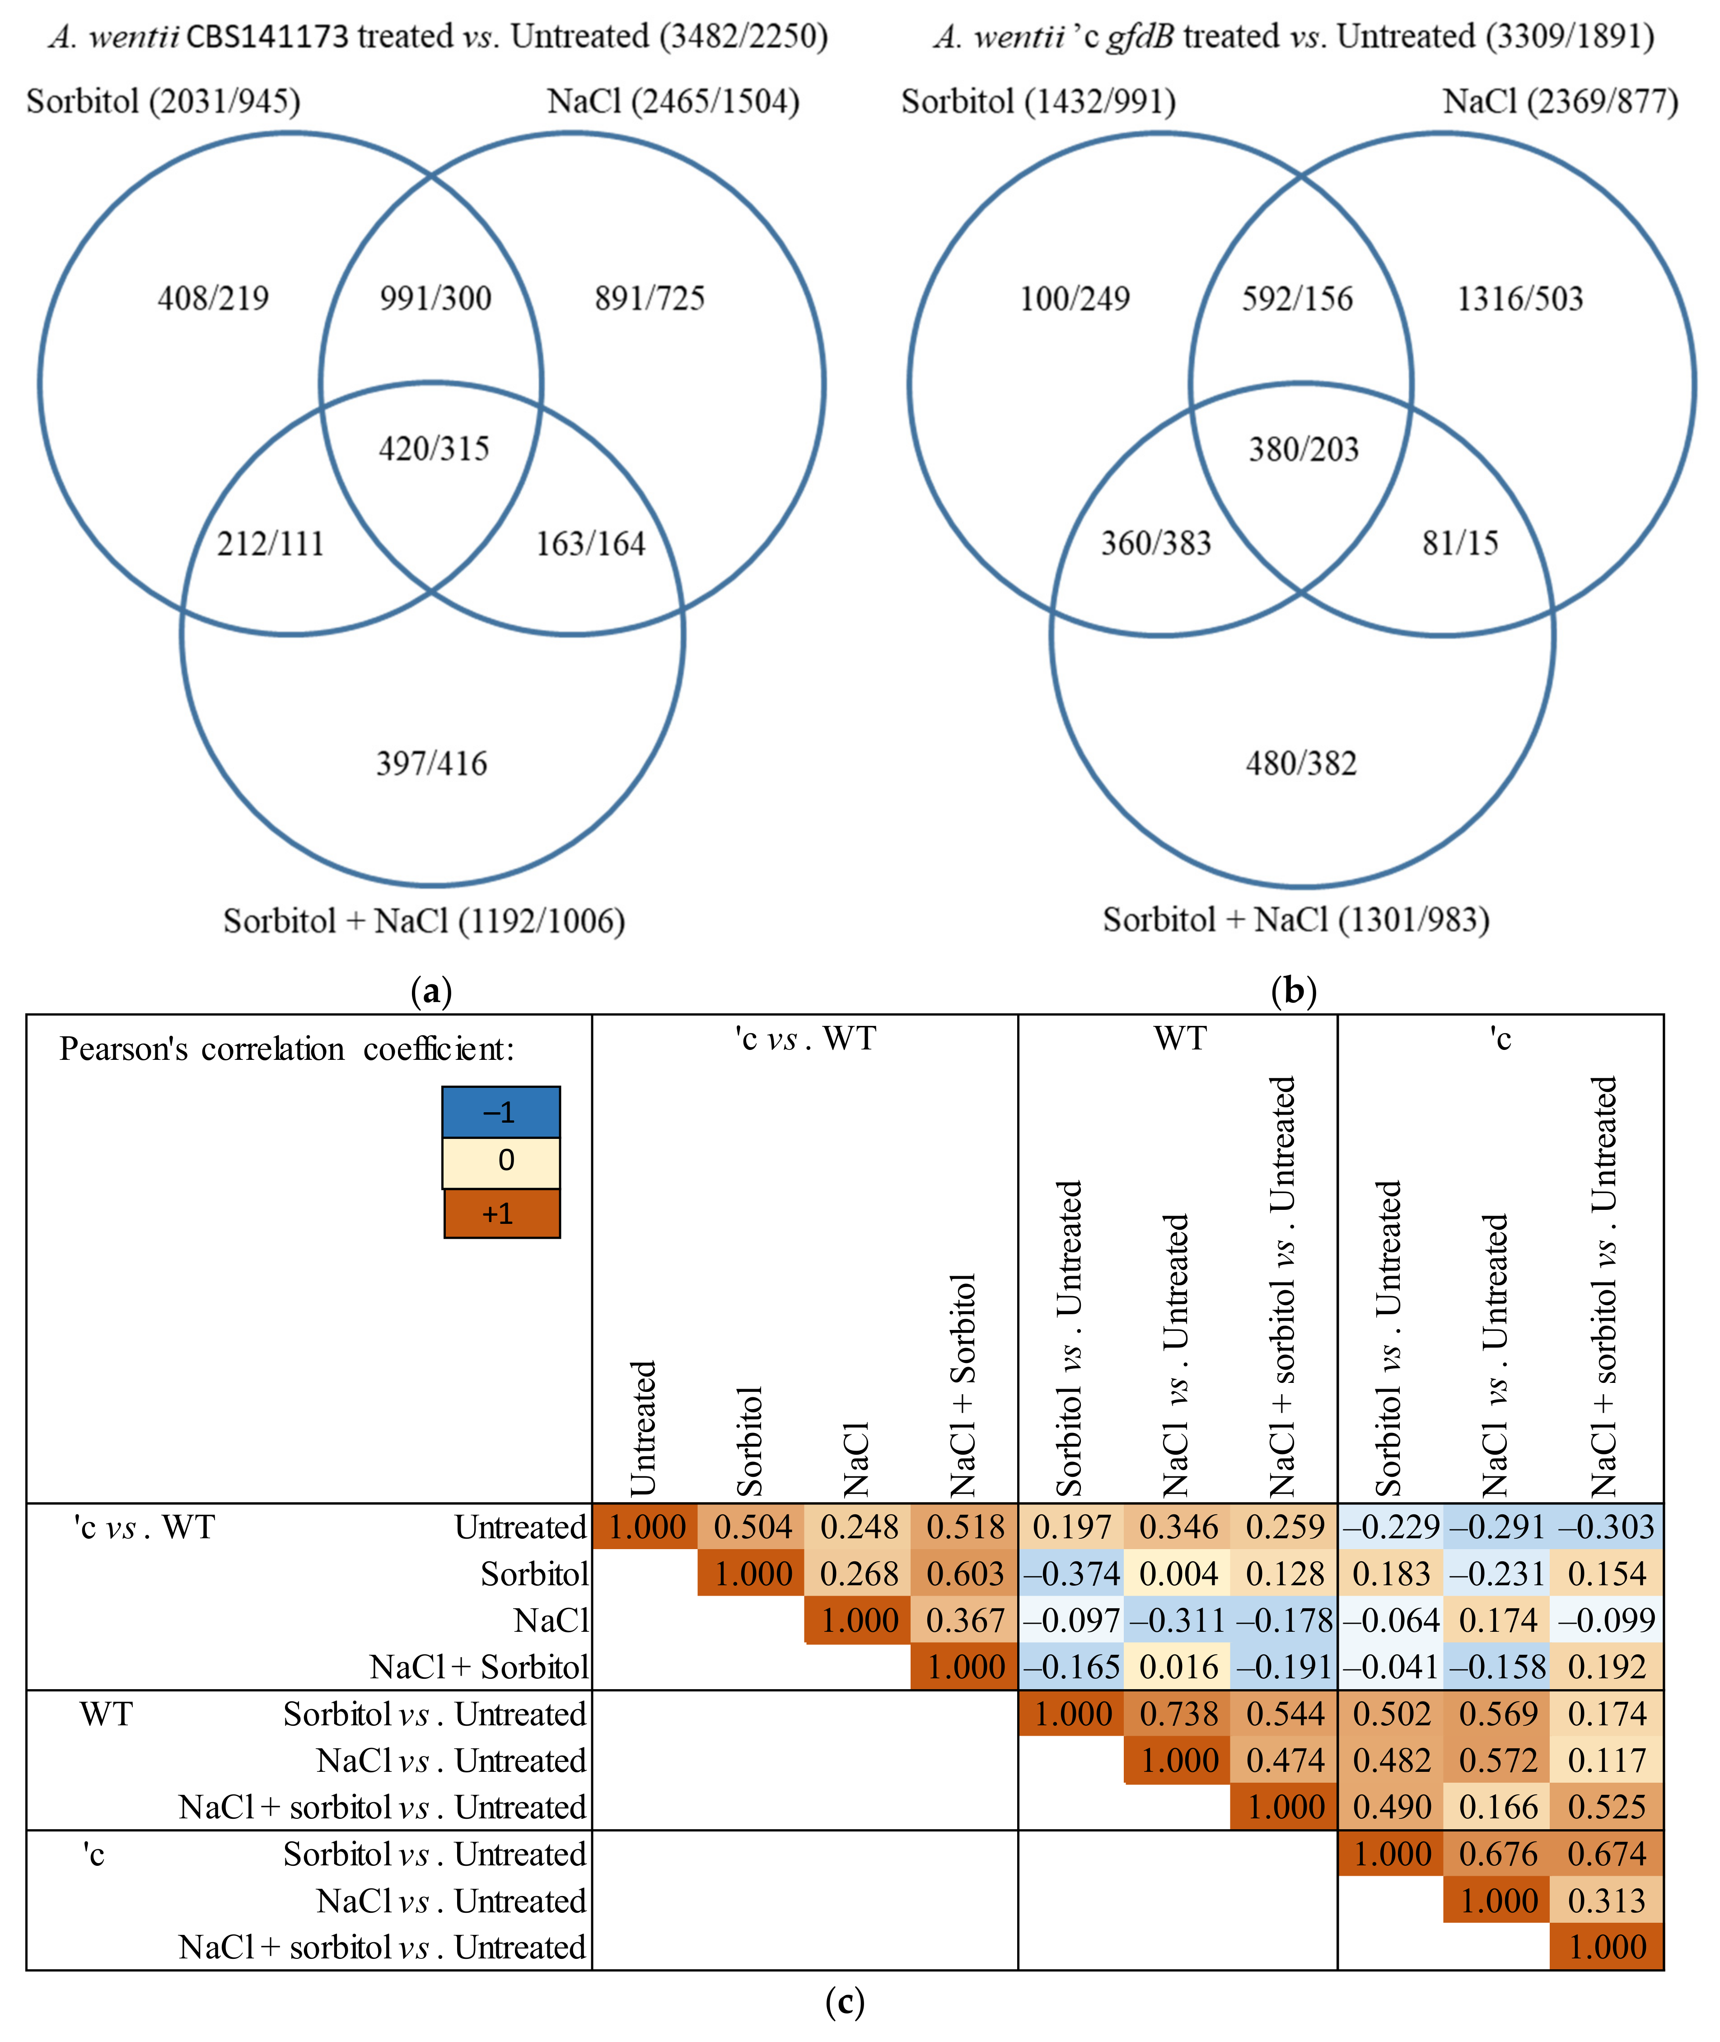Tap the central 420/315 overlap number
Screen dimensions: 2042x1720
(434, 449)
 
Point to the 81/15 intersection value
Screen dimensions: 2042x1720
(1460, 543)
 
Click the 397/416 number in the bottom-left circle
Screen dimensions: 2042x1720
(432, 763)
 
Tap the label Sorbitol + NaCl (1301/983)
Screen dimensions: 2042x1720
(1296, 920)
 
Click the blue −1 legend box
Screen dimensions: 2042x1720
(501, 1112)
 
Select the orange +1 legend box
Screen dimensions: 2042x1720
(501, 1213)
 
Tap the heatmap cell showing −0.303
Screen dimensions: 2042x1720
(1606, 1526)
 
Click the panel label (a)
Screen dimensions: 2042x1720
(431, 991)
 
